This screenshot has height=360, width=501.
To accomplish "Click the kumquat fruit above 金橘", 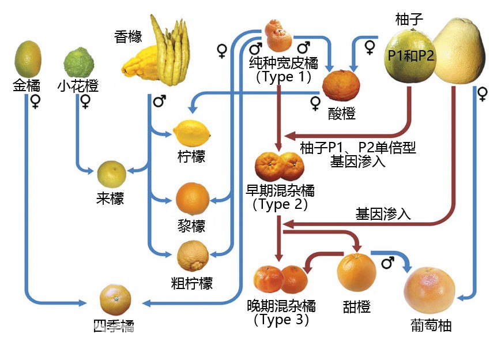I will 28,60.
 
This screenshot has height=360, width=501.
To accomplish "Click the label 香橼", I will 127,36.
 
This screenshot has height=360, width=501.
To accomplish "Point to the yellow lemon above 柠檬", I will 192,133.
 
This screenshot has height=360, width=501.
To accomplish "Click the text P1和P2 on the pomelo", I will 410,56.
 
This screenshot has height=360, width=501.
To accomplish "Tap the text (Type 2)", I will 280,203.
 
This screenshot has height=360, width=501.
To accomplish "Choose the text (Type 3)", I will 281,319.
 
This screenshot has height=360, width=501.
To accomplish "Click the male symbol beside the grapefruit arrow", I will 387,263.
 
